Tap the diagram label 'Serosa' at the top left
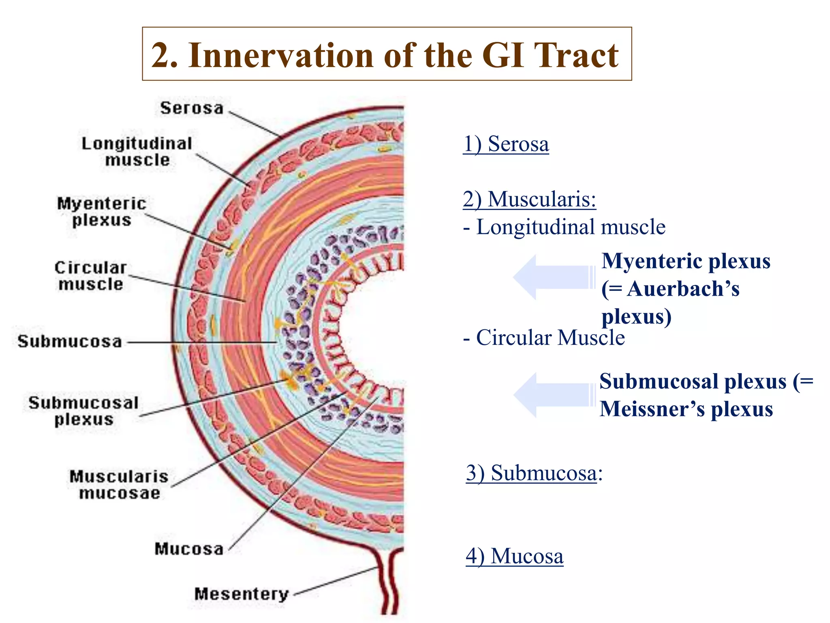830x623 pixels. tap(192, 108)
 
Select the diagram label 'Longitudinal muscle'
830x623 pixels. tap(137, 152)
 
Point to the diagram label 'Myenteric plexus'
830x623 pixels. tap(102, 212)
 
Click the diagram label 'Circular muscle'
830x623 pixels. tap(91, 276)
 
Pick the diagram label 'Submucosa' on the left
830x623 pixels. tap(70, 342)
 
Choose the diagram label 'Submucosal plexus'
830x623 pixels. tap(84, 411)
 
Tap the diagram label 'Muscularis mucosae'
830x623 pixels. tap(119, 485)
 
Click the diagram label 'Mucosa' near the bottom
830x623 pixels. tap(189, 549)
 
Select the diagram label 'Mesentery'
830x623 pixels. tap(242, 594)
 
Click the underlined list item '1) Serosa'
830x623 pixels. tap(506, 144)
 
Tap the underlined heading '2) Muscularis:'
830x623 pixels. tap(529, 199)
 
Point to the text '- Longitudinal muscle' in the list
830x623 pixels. tap(564, 227)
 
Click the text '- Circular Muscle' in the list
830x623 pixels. tap(544, 337)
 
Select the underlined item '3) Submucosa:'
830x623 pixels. tap(534, 473)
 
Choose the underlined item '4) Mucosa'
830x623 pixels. tap(514, 556)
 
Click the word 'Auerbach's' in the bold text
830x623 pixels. tap(683, 289)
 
